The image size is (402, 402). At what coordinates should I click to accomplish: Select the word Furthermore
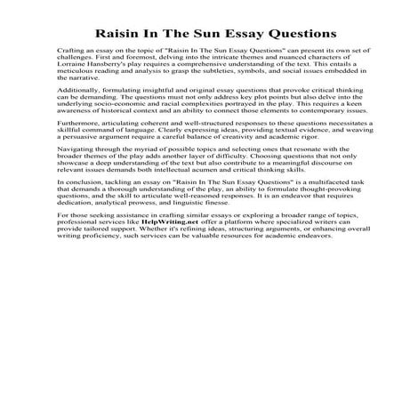[76, 155]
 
